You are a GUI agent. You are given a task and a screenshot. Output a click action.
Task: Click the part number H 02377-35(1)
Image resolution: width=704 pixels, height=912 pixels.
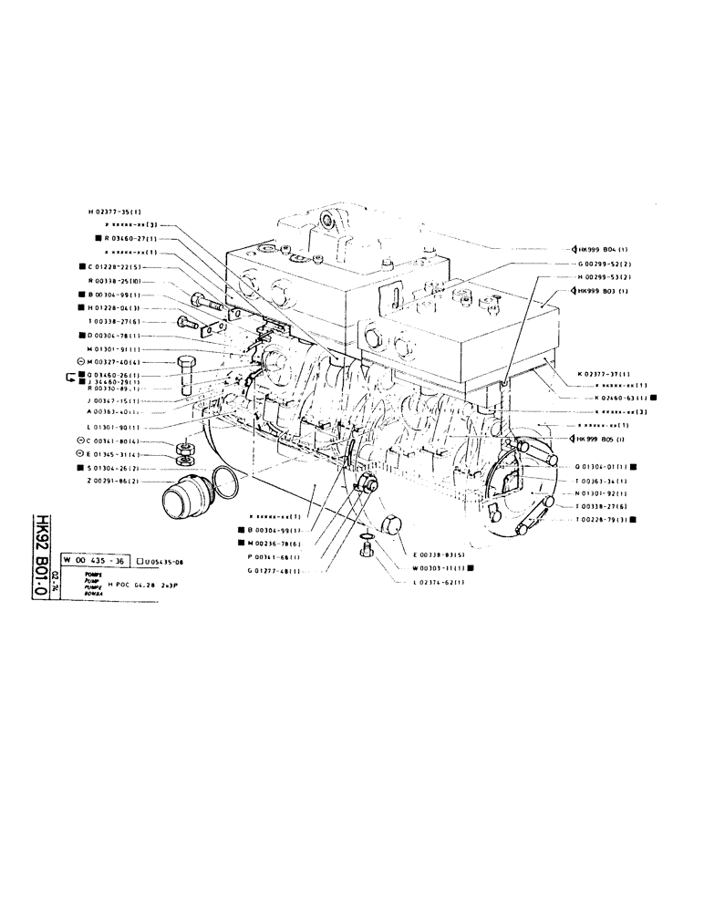click(116, 211)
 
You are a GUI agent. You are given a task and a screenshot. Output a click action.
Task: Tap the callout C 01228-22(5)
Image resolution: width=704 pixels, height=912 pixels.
click(120, 266)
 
